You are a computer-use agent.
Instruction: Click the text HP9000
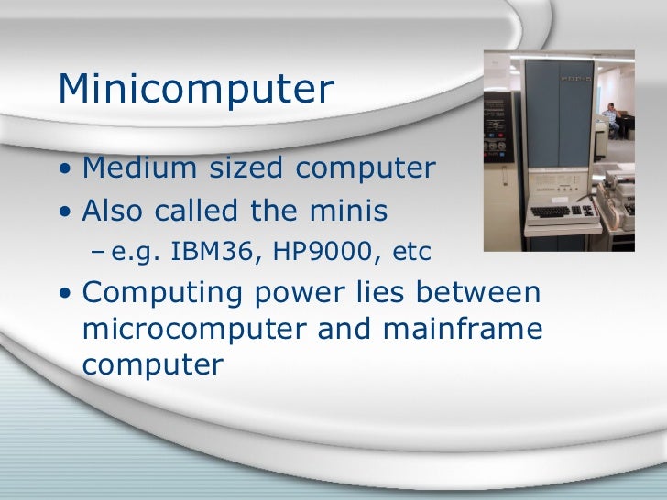click(307, 250)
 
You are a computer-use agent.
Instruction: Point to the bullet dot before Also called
click(65, 212)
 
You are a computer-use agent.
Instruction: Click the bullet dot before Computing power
click(65, 295)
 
